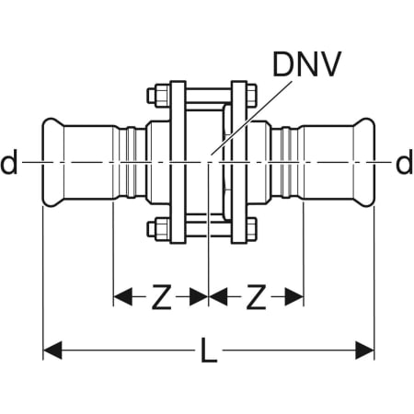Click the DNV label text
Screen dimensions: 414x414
[306, 64]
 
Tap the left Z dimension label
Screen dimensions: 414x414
[161, 296]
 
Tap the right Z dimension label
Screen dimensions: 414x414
[256, 296]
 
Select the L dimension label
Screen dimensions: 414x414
[209, 350]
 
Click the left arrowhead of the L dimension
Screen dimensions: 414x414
[52, 350]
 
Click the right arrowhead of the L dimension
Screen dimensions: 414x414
[364, 350]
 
